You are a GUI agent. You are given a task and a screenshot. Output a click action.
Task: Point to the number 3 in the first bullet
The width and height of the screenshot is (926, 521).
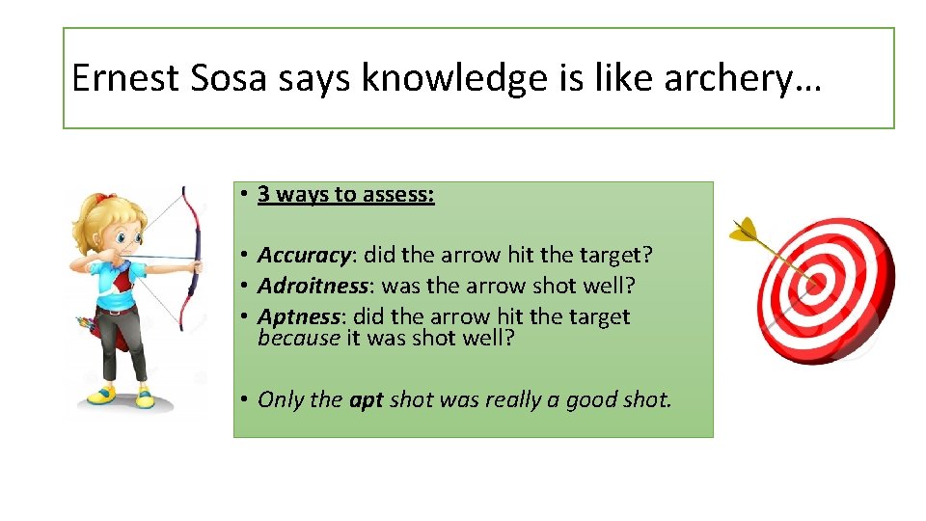tap(263, 195)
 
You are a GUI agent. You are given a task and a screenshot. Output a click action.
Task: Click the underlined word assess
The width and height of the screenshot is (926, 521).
tap(397, 195)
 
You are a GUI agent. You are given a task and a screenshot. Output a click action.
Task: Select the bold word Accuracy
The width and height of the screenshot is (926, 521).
tap(304, 256)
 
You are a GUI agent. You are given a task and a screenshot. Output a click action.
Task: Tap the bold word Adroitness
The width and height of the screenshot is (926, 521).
tap(313, 286)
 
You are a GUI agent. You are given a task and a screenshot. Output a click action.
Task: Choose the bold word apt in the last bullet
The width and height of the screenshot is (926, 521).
tap(367, 400)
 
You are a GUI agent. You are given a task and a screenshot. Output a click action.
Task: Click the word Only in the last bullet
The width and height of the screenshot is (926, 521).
tap(281, 400)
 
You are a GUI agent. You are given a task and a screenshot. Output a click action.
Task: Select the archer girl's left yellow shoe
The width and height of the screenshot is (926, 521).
tap(100, 395)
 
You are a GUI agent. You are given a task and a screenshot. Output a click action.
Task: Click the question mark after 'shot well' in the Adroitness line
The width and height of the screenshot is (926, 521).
tap(631, 286)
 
